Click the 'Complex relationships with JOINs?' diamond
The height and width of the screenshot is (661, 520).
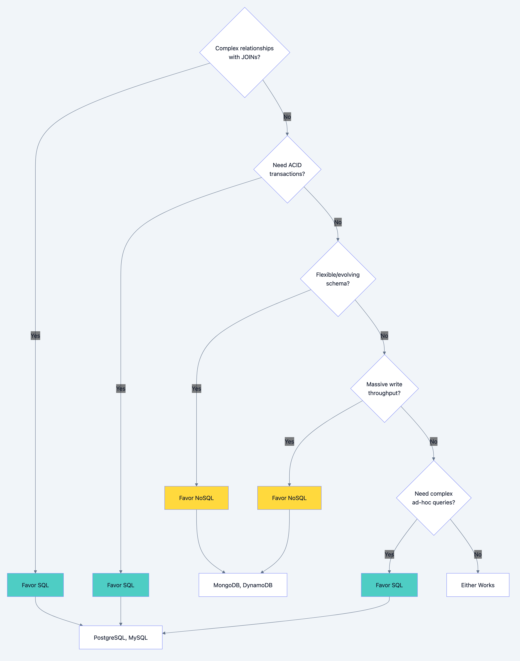point(244,53)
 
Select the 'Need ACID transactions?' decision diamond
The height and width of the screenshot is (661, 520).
point(287,169)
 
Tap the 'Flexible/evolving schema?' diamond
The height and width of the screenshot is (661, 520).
point(338,279)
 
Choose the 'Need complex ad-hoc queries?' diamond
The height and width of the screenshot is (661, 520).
point(433,498)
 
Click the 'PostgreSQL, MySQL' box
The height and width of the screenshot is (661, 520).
point(121,638)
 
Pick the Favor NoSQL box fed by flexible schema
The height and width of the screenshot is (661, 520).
point(196,498)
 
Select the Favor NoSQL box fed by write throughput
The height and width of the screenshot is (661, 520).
point(289,498)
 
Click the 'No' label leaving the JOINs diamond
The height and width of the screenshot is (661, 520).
point(287,117)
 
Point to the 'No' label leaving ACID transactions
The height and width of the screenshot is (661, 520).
point(338,222)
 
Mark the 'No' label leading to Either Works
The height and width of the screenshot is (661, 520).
point(478,554)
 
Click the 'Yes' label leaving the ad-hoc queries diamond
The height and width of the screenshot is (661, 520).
point(389,554)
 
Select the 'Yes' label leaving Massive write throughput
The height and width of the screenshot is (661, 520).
point(289,441)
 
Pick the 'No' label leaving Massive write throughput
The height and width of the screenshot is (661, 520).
point(433,441)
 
